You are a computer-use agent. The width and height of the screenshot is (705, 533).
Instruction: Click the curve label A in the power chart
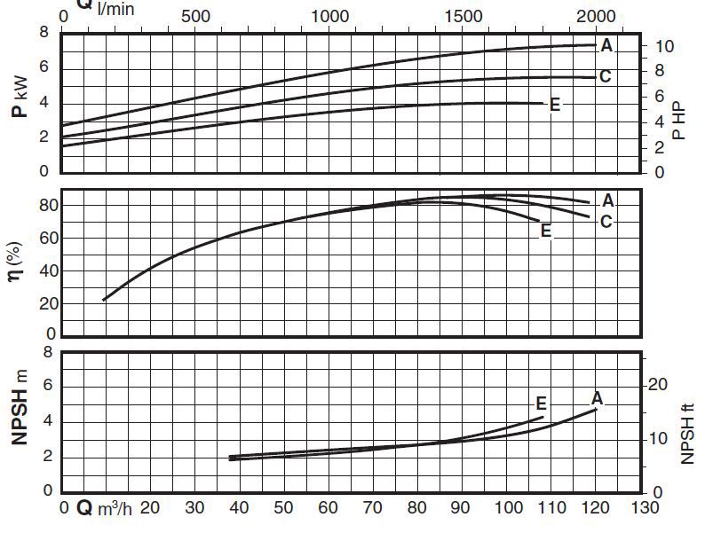pos(607,44)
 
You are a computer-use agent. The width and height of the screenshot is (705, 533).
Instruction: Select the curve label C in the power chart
pos(606,76)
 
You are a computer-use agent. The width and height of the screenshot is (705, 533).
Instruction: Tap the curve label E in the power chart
pos(555,105)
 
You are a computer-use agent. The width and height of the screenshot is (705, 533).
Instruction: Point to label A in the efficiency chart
pos(608,201)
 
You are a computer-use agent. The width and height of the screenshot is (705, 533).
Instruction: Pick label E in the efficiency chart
pos(546,231)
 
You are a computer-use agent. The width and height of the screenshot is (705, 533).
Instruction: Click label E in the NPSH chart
pos(541,404)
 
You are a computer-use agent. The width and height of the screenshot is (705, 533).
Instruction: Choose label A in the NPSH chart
pos(598,397)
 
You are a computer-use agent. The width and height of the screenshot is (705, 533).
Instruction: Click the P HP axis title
pos(679,119)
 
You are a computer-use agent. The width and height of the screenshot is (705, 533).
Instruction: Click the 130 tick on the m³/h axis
pos(644,508)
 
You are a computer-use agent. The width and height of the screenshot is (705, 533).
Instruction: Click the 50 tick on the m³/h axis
pos(283,508)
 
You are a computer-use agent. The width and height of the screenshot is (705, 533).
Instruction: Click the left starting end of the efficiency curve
pos(104,300)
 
